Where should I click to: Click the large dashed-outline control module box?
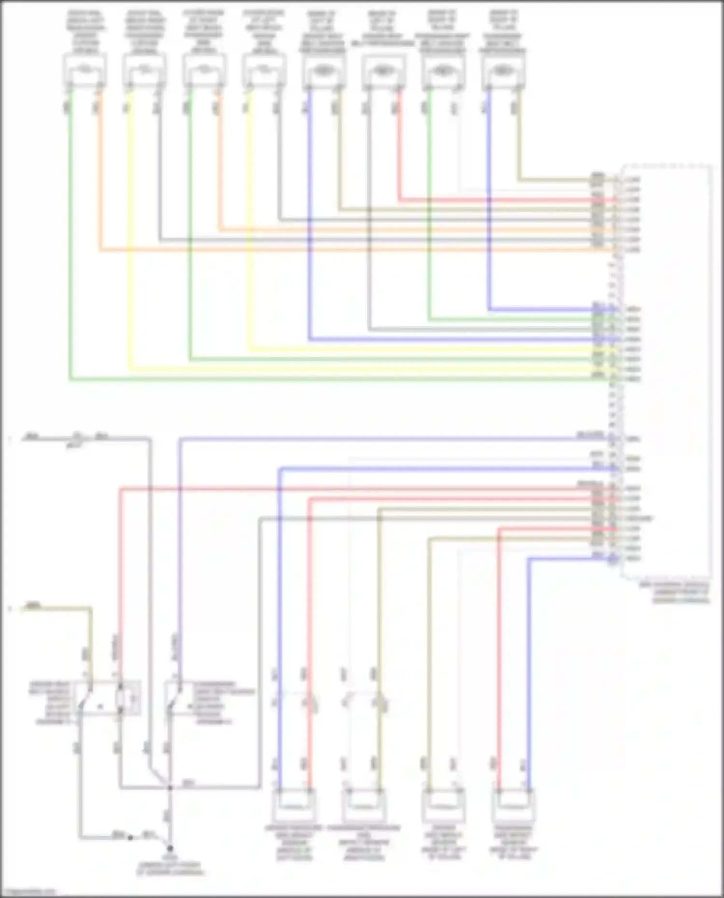(x=666, y=372)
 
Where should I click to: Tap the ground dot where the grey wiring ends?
(x=170, y=848)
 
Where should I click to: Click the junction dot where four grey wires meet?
(x=170, y=788)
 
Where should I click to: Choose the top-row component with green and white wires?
(x=443, y=71)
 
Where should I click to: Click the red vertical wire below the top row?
(x=400, y=145)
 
